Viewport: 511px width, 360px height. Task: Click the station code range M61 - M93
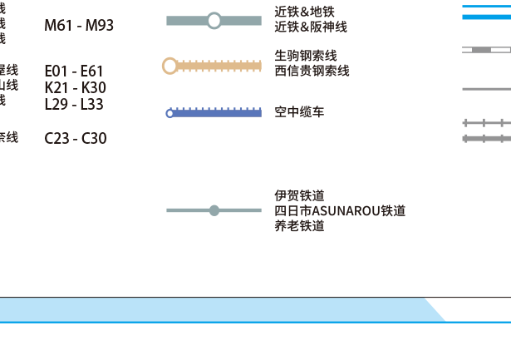(79, 26)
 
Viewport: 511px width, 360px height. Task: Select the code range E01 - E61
(74, 72)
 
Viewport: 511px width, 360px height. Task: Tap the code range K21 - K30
(75, 87)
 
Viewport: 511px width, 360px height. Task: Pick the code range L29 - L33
(74, 104)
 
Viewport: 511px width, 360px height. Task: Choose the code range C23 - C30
(76, 138)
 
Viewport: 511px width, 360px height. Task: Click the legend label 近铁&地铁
(304, 12)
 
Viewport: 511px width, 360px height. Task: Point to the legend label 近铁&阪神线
(310, 27)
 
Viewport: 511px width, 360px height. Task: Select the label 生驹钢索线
(305, 56)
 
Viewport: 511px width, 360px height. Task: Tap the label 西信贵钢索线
(312, 71)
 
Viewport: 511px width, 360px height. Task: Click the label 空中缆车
(299, 111)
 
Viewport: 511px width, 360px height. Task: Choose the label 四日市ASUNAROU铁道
(340, 211)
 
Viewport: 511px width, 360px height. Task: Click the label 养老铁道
(299, 226)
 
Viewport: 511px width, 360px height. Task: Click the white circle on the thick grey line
(214, 20)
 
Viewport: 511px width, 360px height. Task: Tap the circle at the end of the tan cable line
(170, 66)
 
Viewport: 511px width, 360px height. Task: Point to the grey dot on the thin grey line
(214, 210)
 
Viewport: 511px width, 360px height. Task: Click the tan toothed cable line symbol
(220, 66)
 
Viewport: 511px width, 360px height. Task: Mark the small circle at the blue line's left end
(170, 113)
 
